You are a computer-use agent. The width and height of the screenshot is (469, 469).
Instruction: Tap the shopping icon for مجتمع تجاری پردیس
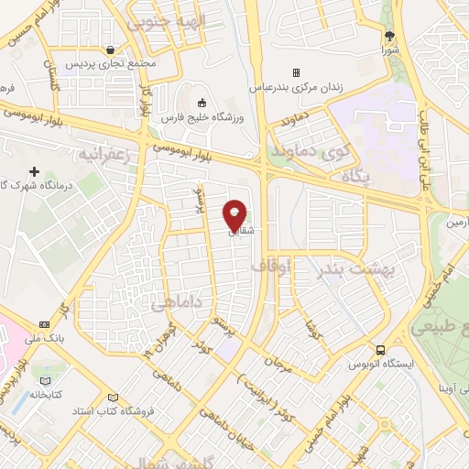coord(111,50)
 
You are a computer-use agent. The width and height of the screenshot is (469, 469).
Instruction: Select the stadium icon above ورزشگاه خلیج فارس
coord(202,103)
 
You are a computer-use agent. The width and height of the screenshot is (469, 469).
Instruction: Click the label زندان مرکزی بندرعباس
coord(295,88)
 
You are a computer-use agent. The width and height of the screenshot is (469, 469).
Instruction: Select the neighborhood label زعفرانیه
coord(102,150)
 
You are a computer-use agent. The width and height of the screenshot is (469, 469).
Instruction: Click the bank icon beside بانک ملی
coord(45,325)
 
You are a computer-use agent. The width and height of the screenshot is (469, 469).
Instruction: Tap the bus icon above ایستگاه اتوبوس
coord(379,349)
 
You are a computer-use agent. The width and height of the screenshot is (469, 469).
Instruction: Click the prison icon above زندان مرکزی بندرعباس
coord(295,72)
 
